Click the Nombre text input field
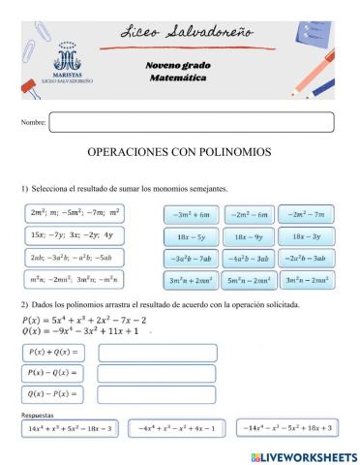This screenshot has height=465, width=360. point(191,122)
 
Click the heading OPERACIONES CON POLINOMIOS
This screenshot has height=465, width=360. point(179,153)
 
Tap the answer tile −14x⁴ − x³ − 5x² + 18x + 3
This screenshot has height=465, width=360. point(287,427)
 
